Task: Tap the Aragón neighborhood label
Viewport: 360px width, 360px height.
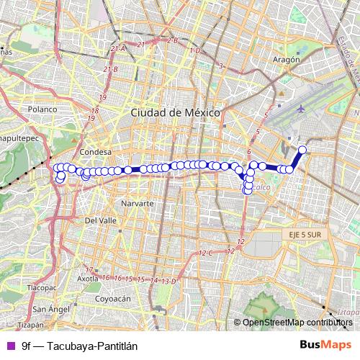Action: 286,60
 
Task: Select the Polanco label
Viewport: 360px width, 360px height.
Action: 43,109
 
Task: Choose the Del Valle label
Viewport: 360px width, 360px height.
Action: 101,220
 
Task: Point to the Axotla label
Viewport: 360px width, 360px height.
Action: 87,278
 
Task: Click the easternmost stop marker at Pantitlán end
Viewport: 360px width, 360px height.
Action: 302,150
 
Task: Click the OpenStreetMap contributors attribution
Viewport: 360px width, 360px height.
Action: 297,323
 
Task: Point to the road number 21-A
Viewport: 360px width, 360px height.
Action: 118,48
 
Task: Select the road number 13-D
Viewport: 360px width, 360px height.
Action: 169,281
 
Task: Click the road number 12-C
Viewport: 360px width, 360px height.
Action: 206,253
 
